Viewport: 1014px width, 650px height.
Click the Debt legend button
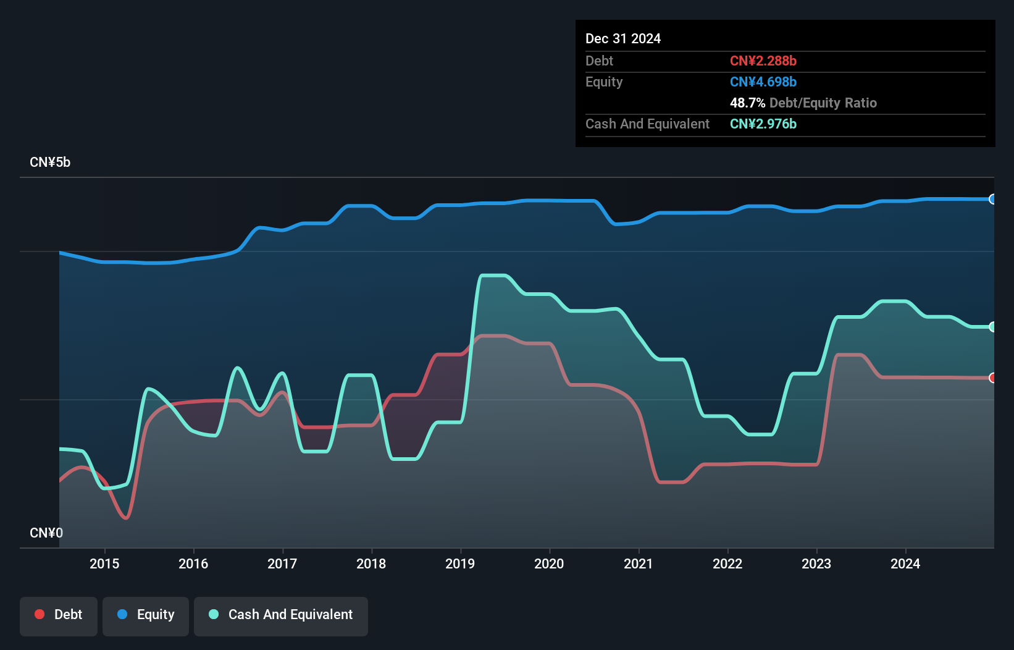(x=59, y=615)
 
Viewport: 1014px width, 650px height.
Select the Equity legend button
(x=146, y=615)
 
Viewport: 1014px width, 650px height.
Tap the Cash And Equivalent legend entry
(x=281, y=615)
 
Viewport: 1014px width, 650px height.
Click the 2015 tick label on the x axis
(x=104, y=563)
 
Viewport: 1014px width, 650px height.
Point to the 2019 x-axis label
(x=460, y=563)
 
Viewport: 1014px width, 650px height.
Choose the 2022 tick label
(x=727, y=563)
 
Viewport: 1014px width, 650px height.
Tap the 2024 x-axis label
(x=905, y=563)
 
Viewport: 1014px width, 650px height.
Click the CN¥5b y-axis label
(x=50, y=162)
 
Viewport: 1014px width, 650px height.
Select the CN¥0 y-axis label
(x=46, y=533)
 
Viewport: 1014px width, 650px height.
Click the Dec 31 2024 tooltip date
(x=623, y=39)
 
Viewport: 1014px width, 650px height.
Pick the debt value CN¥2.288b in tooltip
(x=763, y=61)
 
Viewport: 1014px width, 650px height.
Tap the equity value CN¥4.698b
(x=763, y=82)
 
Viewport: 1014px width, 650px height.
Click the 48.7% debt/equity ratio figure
(x=747, y=103)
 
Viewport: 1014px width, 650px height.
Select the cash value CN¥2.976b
(x=763, y=124)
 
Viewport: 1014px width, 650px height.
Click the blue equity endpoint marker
(x=992, y=199)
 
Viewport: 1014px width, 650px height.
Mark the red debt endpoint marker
(x=992, y=378)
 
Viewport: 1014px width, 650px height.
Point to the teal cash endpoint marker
(x=992, y=327)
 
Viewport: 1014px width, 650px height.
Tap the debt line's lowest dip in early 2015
(x=126, y=518)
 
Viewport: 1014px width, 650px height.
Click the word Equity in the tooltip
(x=604, y=82)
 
